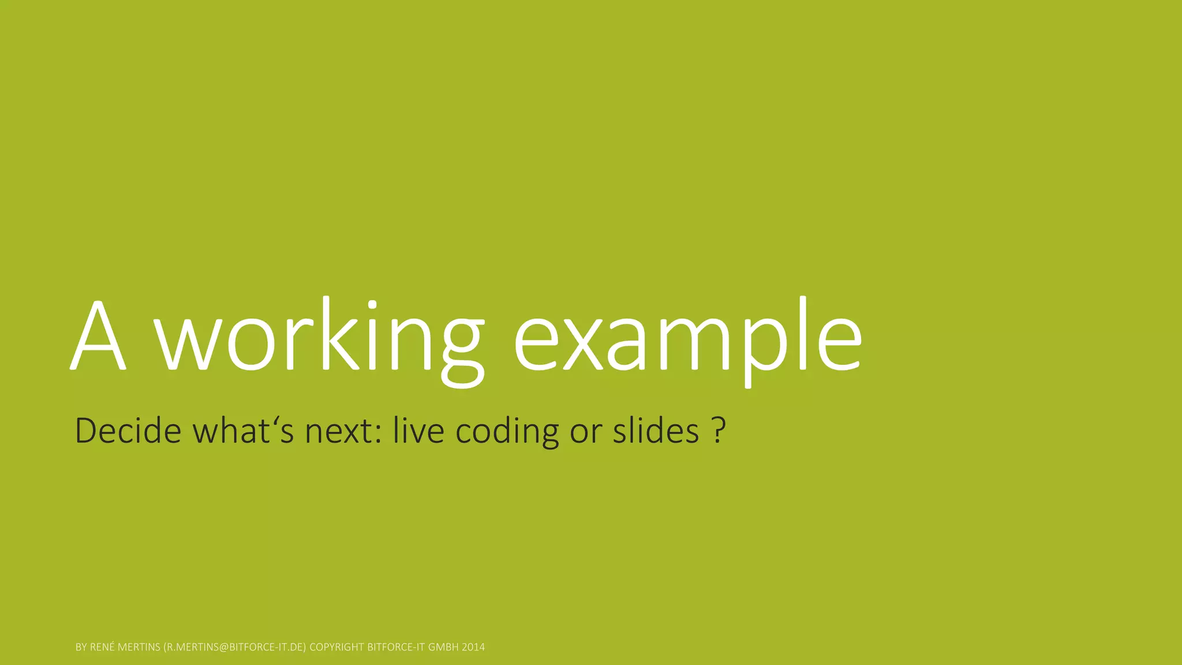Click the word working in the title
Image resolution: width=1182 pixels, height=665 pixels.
click(x=320, y=341)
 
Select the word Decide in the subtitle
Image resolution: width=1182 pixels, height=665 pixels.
click(x=128, y=431)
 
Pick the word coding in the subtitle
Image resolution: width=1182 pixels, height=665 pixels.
click(x=507, y=432)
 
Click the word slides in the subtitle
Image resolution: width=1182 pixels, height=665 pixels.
click(x=656, y=431)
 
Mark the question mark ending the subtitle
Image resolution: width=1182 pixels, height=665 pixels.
click(x=718, y=431)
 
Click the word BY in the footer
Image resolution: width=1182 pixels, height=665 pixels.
click(x=81, y=647)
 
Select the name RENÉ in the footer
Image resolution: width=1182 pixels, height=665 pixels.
click(x=102, y=647)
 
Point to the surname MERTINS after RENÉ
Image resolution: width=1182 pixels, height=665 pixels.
click(x=139, y=647)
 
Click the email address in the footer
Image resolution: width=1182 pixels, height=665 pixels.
click(x=235, y=647)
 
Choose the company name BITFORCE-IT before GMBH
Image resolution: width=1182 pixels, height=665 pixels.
click(x=396, y=647)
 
